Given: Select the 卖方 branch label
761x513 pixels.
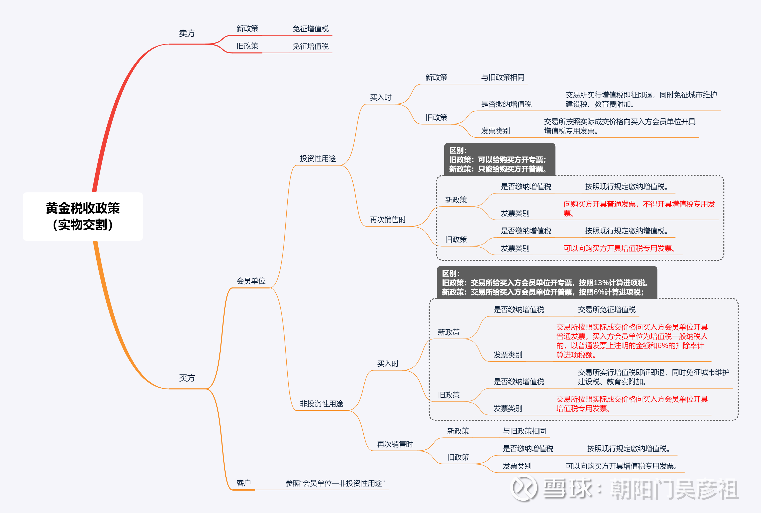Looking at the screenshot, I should tap(187, 33).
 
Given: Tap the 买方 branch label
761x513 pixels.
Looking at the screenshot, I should tap(187, 378).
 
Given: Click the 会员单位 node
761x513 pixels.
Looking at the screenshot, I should tap(251, 281).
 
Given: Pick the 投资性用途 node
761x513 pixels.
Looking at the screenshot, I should tap(318, 158).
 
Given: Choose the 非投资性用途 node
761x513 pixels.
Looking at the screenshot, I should tap(321, 404).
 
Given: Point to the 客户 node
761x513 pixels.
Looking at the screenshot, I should tap(244, 483).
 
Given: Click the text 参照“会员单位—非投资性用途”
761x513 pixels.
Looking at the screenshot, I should tap(335, 483).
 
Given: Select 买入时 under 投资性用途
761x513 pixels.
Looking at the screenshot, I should tap(381, 98).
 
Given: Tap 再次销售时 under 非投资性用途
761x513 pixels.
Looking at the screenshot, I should tap(395, 444).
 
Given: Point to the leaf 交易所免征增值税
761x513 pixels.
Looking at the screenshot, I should tap(606, 309).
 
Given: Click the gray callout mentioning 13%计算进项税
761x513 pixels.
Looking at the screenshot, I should tap(547, 283).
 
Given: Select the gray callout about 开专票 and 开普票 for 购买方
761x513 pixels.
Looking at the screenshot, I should tap(499, 160).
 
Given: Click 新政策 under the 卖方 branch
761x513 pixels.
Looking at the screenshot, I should tap(247, 29).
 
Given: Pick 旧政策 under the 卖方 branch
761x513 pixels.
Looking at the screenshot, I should tap(247, 46).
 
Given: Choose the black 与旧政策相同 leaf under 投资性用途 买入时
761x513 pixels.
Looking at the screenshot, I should tap(502, 77).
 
